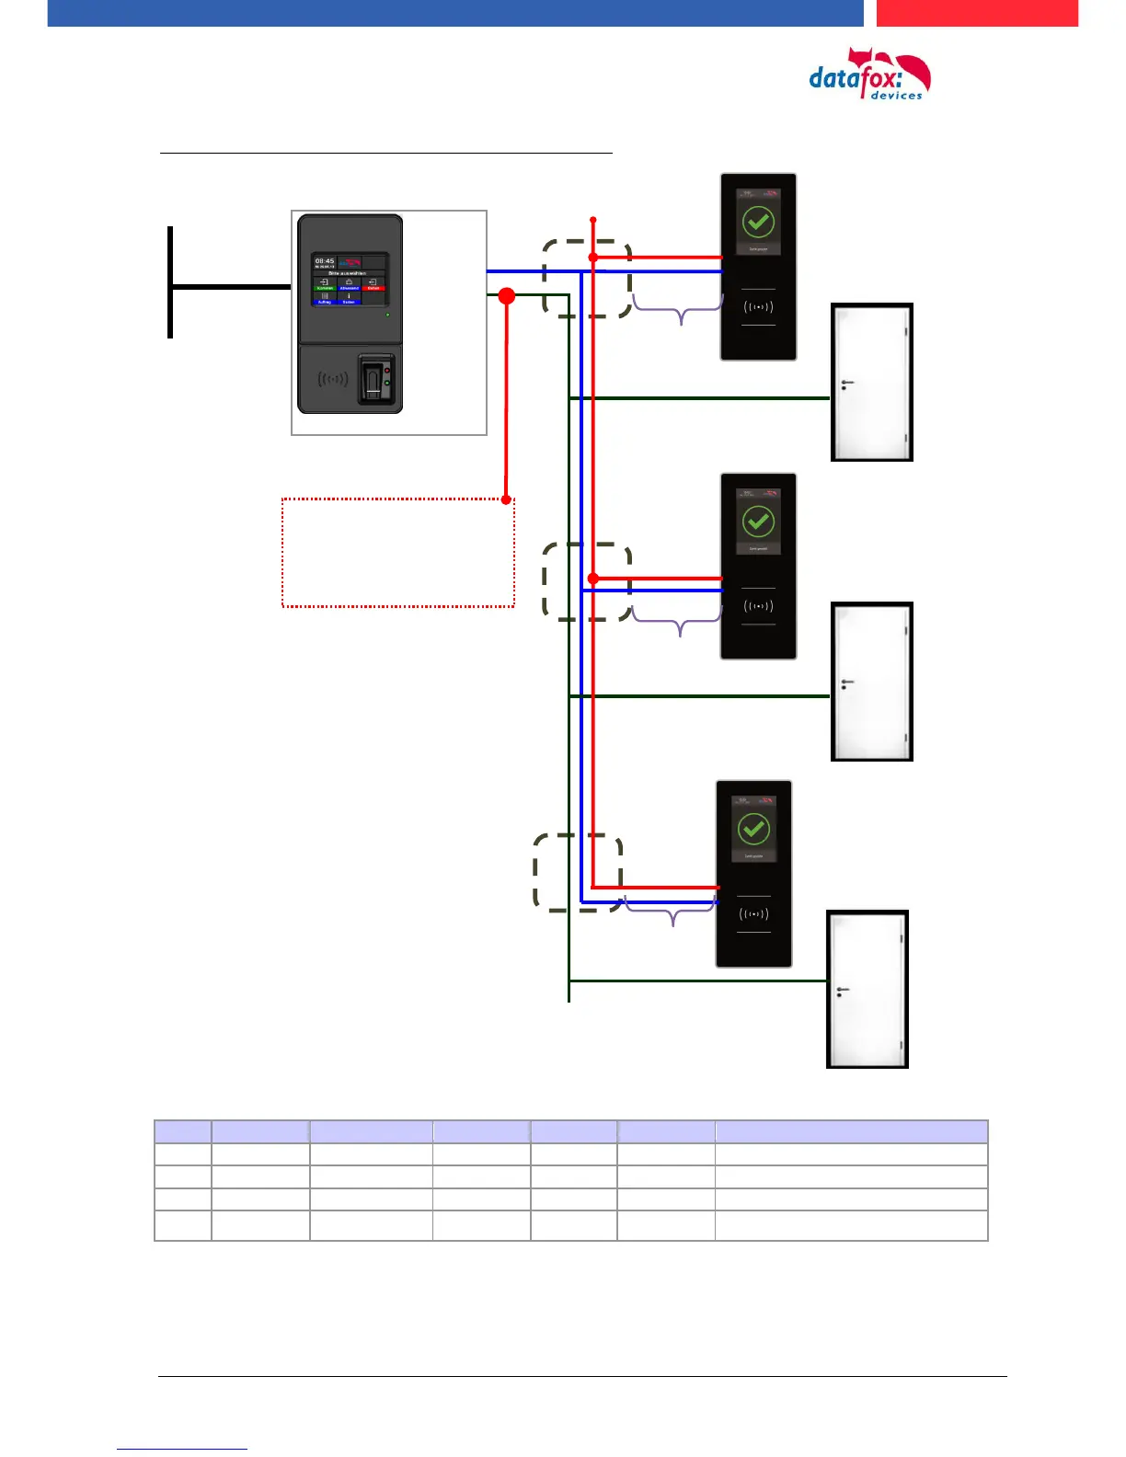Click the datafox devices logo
tap(868, 76)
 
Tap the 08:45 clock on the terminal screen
tap(325, 261)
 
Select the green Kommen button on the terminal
tap(325, 285)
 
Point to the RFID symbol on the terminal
tap(332, 378)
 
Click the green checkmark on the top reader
tap(758, 222)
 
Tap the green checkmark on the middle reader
tap(758, 522)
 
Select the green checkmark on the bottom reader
tap(753, 829)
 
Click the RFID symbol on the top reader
tap(758, 307)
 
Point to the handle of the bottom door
tap(842, 991)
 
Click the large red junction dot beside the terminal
tap(506, 295)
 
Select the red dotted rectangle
tap(397, 553)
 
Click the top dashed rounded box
tap(587, 279)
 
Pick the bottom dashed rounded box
tap(578, 872)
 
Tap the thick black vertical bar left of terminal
tap(170, 281)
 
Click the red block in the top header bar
tap(976, 13)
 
